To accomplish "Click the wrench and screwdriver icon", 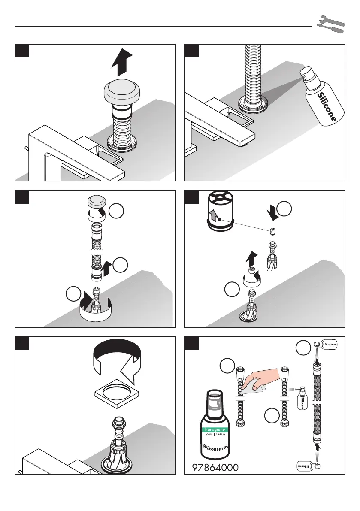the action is coord(331,24).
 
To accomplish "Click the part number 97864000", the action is coord(215,467).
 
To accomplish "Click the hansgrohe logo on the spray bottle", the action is coord(215,430).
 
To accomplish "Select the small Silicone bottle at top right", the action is coord(325,344).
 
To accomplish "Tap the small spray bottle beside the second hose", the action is coord(302,398).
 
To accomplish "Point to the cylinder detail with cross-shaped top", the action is coord(221,211).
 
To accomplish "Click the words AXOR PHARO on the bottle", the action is coord(215,435).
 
